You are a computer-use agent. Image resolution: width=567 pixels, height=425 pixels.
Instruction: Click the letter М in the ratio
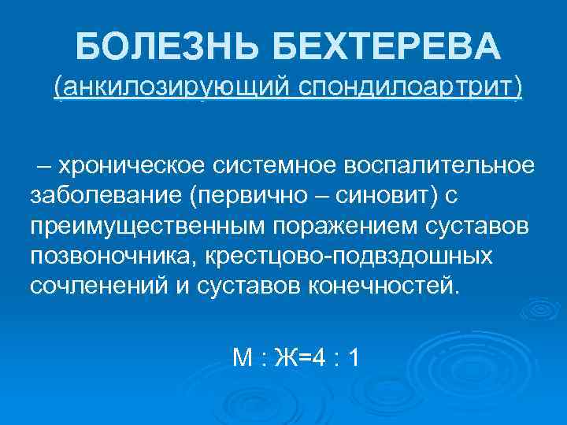click(243, 358)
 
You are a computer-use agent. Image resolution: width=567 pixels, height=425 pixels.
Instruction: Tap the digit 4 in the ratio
click(319, 358)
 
